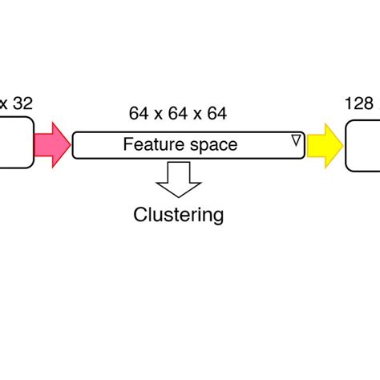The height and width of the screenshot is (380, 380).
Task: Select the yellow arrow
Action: pyautogui.click(x=324, y=145)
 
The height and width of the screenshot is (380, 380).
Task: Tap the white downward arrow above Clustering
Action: pyautogui.click(x=178, y=179)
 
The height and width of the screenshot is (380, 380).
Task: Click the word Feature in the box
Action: pyautogui.click(x=147, y=145)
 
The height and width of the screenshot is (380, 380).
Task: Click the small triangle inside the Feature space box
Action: pyautogui.click(x=295, y=141)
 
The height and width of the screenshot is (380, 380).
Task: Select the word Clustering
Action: pyautogui.click(x=178, y=215)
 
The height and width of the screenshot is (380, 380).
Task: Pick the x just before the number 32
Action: pyautogui.click(x=4, y=103)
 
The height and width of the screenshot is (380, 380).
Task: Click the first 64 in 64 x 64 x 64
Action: pyautogui.click(x=137, y=114)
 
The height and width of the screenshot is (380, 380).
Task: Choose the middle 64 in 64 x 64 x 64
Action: pyautogui.click(x=178, y=114)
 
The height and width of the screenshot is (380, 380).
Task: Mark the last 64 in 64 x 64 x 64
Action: pyautogui.click(x=218, y=114)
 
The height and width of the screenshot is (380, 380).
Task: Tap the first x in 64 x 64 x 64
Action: pyautogui.click(x=157, y=115)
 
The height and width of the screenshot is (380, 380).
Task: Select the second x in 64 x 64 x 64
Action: pyautogui.click(x=198, y=115)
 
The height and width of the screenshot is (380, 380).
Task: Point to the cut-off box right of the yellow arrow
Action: pyautogui.click(x=363, y=144)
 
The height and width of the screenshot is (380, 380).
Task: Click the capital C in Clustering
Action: pyautogui.click(x=139, y=215)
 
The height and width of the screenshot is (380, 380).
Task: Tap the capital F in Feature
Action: pyautogui.click(x=127, y=145)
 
